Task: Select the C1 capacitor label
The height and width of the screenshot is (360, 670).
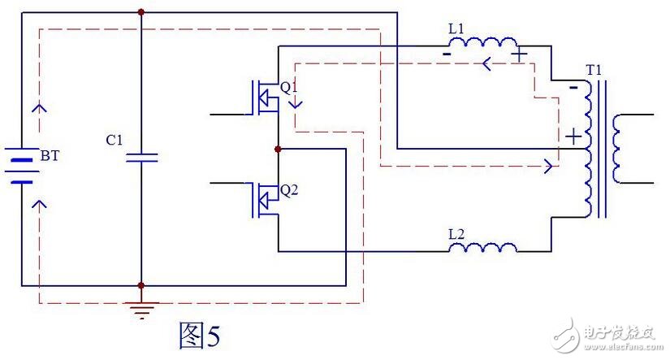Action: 115,141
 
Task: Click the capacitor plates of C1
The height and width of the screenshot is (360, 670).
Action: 141,156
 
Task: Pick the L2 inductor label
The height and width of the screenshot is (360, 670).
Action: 458,233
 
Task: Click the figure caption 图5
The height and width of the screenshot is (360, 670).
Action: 200,334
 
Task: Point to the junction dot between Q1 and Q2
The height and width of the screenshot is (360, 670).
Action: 279,150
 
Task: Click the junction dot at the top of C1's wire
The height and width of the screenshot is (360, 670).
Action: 141,12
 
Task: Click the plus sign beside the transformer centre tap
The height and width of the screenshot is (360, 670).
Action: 573,136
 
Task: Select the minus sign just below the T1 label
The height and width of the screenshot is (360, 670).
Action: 575,85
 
